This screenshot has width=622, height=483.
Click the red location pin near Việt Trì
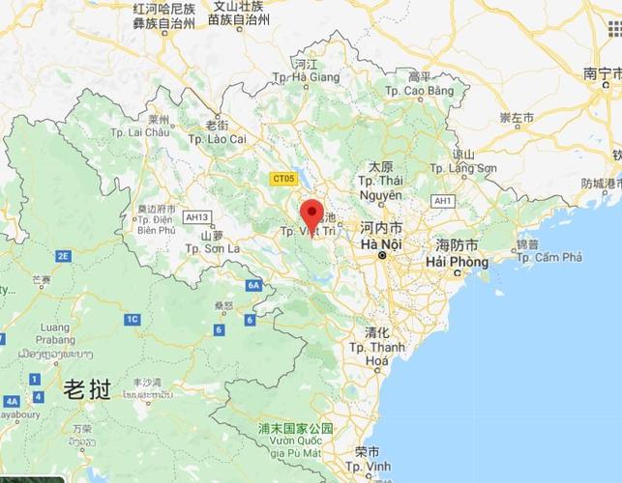click(311, 213)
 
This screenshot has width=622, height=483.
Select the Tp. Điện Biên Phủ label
click(156, 223)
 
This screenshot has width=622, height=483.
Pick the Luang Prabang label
click(57, 334)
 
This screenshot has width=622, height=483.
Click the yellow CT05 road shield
click(283, 178)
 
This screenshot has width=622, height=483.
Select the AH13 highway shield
click(198, 216)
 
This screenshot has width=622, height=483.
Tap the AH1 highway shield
click(443, 200)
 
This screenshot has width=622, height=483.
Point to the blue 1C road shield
click(132, 319)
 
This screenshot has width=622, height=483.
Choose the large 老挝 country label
click(86, 389)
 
